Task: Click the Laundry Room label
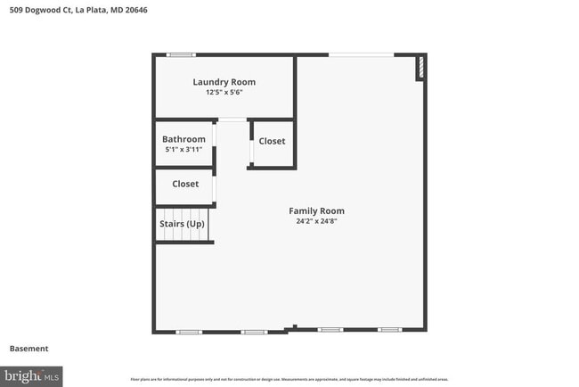pos(224,82)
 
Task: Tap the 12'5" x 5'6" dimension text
pos(224,92)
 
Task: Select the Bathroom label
pos(183,139)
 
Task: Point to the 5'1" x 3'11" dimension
pos(183,149)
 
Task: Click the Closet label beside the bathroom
pos(272,141)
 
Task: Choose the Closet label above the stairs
pos(185,184)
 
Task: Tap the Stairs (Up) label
pos(183,224)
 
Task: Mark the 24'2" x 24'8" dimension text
pos(317,221)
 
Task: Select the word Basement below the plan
pos(29,349)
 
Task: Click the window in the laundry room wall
pos(181,55)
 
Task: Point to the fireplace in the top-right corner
pos(420,70)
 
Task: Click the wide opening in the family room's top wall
pos(361,55)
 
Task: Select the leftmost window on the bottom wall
pos(189,332)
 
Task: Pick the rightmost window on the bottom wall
pos(389,330)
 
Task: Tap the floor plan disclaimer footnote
pos(289,380)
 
